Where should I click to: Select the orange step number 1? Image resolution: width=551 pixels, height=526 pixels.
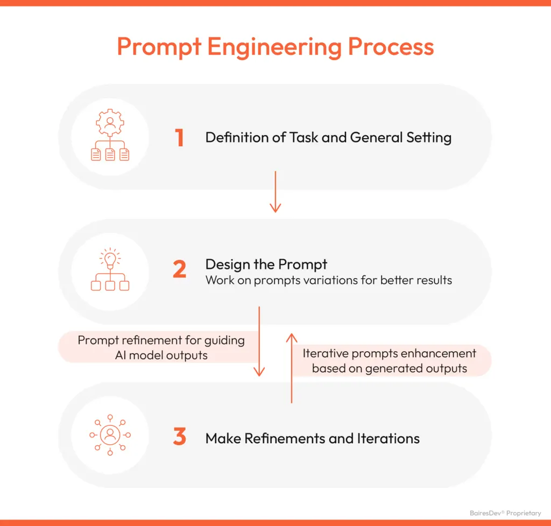coord(179,138)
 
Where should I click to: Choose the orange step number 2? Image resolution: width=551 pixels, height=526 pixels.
coord(179,269)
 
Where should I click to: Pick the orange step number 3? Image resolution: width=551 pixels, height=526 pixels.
coord(179,437)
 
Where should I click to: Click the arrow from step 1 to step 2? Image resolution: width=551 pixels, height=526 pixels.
coord(275,191)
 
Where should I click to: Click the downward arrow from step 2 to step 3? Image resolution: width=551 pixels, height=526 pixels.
coord(259,341)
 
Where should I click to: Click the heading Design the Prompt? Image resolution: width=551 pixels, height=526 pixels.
coord(266,264)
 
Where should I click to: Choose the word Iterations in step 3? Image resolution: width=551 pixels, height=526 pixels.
coord(388,438)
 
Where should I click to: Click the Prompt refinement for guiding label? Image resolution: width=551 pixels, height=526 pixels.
coord(161,340)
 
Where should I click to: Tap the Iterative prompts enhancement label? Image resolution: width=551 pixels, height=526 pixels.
coord(389,354)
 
